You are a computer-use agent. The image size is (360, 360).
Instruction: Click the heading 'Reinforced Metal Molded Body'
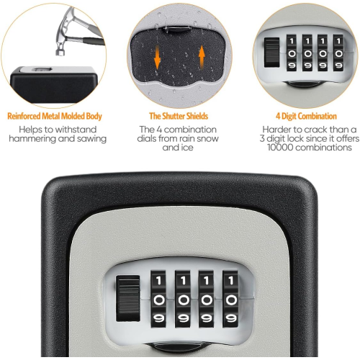tap(54, 116)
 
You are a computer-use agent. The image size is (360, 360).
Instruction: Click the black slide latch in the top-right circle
tap(271, 53)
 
